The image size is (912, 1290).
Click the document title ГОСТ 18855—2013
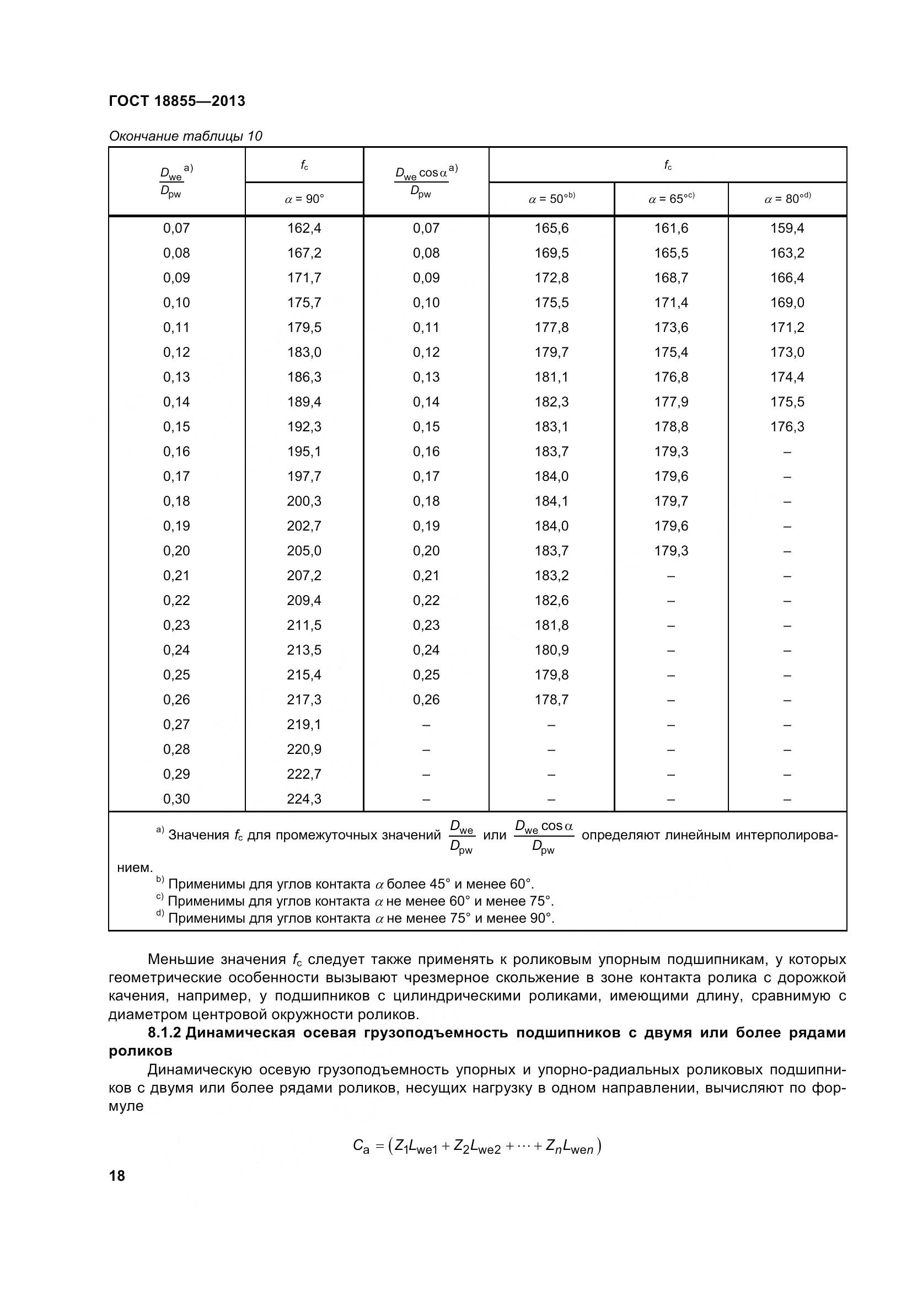[177, 101]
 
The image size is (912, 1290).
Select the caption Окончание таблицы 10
[185, 136]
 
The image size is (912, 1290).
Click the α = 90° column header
[304, 199]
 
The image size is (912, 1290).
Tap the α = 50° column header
[551, 199]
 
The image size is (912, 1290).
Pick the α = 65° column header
[671, 199]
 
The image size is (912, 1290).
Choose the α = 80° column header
[787, 199]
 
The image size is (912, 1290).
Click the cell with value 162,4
[304, 228]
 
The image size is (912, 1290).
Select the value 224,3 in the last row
[304, 799]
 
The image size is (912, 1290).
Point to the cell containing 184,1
[551, 501]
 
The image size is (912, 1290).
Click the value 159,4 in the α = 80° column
[787, 228]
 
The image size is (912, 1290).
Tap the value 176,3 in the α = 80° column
[787, 426]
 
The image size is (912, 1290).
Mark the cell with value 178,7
[551, 699]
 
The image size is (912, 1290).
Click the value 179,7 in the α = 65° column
[671, 501]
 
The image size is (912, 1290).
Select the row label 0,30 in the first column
[176, 799]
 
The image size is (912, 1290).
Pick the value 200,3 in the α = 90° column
[304, 501]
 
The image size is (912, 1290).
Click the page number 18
[117, 1175]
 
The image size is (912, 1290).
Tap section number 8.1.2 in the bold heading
[164, 1032]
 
